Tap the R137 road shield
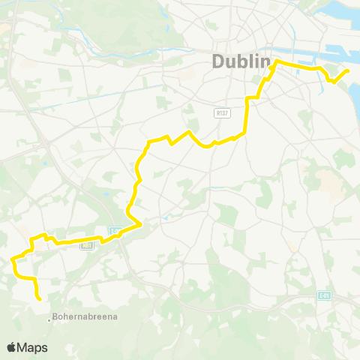coord(221,113)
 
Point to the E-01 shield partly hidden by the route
coord(115,231)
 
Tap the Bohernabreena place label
coord(86,318)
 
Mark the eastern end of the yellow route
coord(348,70)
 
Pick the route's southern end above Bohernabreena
coord(38,298)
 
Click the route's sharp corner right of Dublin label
coord(277,61)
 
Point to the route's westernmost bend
coord(13,260)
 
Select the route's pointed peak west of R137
coord(190,131)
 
